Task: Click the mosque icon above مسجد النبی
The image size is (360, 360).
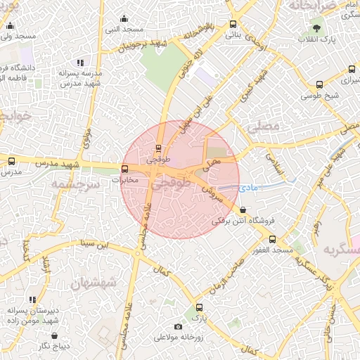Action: click(124, 18)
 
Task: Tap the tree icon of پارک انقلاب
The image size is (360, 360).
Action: click(317, 28)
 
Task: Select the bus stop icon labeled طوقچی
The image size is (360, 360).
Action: click(158, 148)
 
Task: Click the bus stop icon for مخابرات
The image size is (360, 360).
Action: click(125, 169)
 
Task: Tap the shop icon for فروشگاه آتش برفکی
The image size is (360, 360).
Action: click(243, 210)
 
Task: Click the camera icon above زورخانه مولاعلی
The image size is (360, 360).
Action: click(178, 326)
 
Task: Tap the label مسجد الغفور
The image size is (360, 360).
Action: click(274, 250)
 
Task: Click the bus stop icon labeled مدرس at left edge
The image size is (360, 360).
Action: click(11, 161)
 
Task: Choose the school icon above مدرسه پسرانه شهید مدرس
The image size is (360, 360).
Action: click(79, 63)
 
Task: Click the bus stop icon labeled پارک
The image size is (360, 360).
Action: click(199, 307)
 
